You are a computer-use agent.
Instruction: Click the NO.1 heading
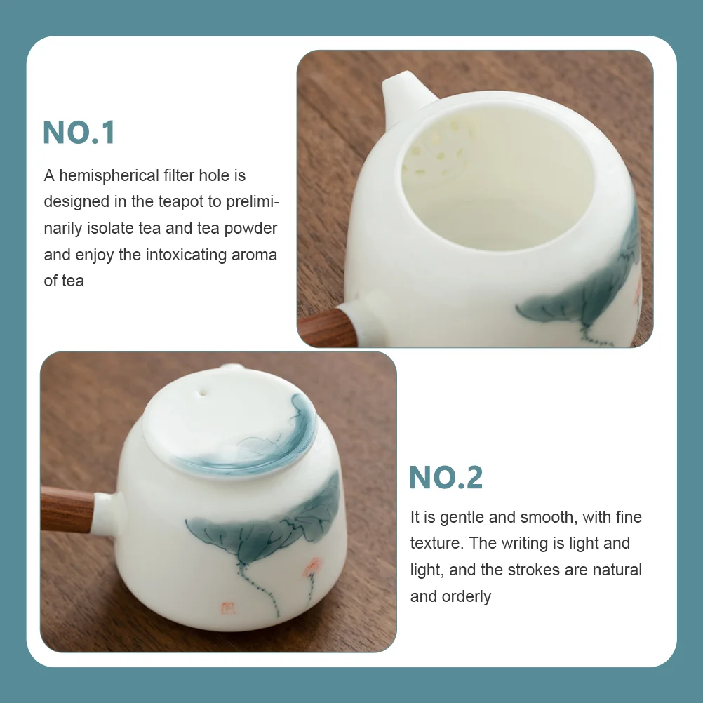(79, 133)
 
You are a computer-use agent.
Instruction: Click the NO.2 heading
(446, 478)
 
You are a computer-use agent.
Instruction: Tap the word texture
(436, 544)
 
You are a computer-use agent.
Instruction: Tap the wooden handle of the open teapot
(328, 328)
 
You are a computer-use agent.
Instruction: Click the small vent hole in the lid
(203, 393)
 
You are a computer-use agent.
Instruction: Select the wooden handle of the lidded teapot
(67, 509)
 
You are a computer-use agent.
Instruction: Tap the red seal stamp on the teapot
(228, 608)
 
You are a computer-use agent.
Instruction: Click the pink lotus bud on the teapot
(312, 567)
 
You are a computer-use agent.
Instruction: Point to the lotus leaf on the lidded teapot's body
(264, 525)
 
